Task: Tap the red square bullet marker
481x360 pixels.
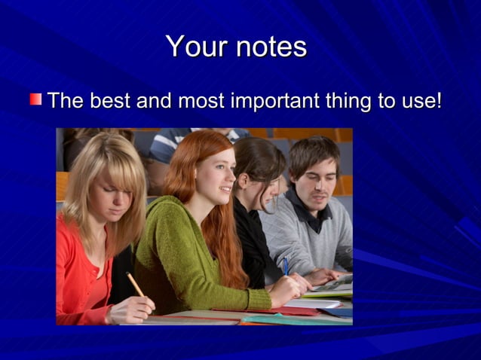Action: pyautogui.click(x=36, y=99)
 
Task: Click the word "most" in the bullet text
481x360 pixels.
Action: pyautogui.click(x=201, y=99)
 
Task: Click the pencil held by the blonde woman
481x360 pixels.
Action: pyautogui.click(x=135, y=284)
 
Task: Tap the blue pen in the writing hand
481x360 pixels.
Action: pyautogui.click(x=285, y=265)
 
